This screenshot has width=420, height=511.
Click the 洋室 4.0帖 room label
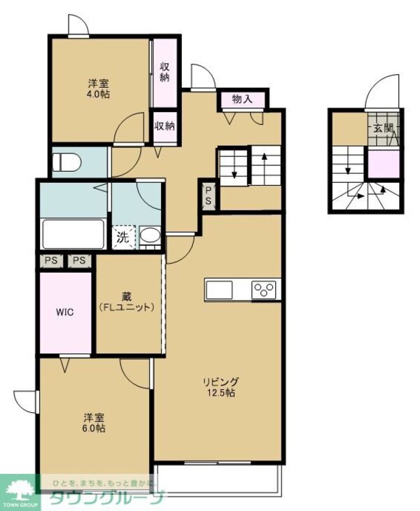tap(97, 88)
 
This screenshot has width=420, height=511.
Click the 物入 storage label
tap(241, 100)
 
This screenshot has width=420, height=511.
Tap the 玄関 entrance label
tap(383, 130)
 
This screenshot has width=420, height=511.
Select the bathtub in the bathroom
tap(73, 233)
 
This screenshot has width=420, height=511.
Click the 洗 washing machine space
tap(123, 237)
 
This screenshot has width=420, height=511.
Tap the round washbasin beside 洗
tap(149, 236)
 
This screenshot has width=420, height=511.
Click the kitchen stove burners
tap(266, 289)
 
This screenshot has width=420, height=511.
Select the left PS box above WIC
tap(50, 261)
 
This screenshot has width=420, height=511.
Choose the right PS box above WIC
tap(79, 261)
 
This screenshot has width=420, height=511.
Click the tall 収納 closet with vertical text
tap(164, 72)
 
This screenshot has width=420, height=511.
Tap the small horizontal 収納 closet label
tap(164, 126)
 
